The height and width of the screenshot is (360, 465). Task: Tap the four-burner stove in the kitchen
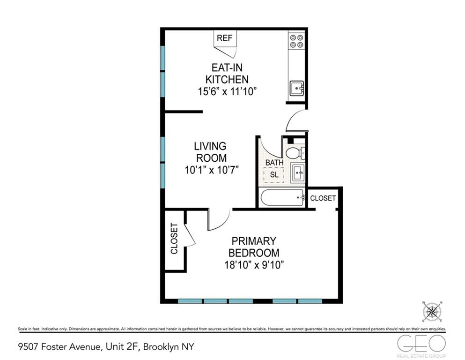pyautogui.click(x=295, y=41)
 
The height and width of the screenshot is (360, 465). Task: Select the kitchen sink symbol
pyautogui.click(x=296, y=88)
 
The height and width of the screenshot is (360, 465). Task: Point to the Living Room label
pyautogui.click(x=210, y=152)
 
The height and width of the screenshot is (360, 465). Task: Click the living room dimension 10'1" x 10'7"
pyautogui.click(x=212, y=170)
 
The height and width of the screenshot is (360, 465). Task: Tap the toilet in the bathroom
pyautogui.click(x=295, y=153)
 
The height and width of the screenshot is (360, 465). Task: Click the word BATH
pyautogui.click(x=274, y=163)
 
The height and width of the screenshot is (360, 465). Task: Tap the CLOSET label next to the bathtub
pyautogui.click(x=323, y=198)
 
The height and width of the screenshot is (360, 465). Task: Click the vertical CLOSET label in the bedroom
pyautogui.click(x=174, y=239)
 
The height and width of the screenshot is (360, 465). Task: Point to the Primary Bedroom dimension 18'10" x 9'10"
pyautogui.click(x=254, y=265)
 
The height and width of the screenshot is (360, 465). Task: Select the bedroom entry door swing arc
pyautogui.click(x=218, y=220)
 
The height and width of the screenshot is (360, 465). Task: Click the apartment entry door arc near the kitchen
pyautogui.click(x=296, y=121)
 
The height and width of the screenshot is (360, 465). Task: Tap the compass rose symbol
pyautogui.click(x=433, y=312)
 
